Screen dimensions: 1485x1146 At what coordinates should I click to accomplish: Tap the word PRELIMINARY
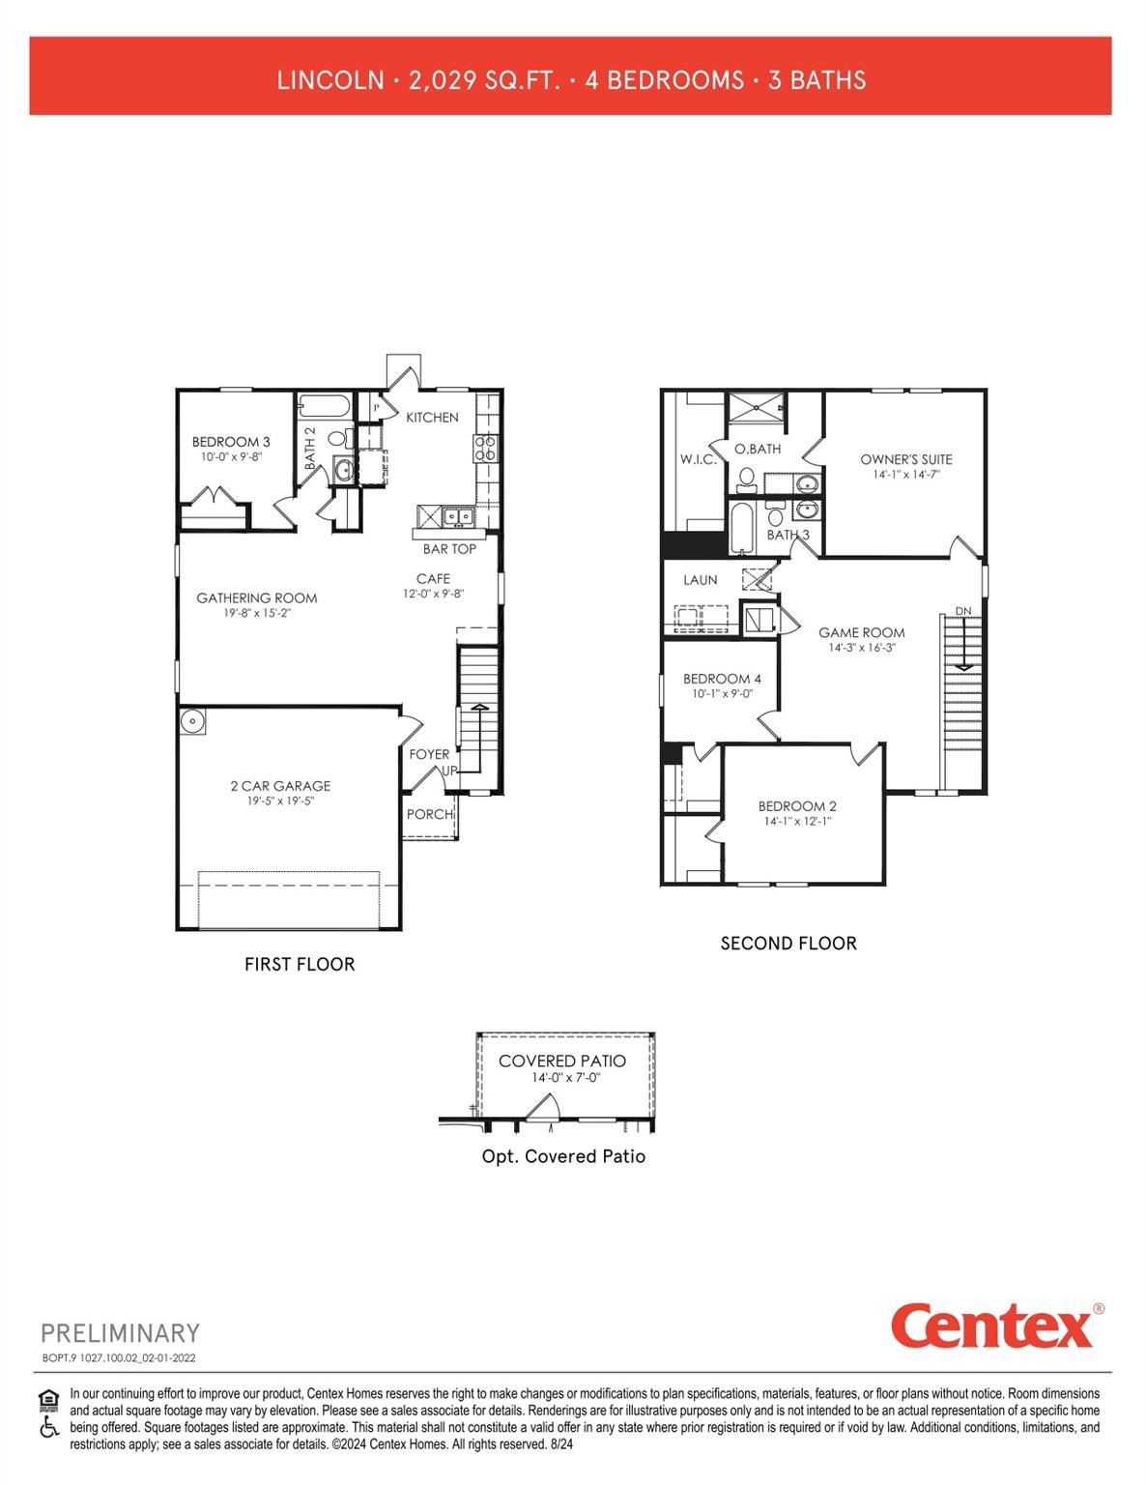tap(120, 1333)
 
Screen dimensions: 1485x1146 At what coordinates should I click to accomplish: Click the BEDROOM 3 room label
tap(231, 442)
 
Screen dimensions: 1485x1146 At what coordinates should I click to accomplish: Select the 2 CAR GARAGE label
tap(280, 786)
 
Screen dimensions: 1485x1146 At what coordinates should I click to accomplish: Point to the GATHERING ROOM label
tap(257, 597)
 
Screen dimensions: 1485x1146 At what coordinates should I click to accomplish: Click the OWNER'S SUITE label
tap(906, 459)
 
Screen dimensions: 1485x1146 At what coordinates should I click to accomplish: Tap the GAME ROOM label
tap(862, 632)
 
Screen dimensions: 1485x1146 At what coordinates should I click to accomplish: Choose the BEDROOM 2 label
tap(797, 805)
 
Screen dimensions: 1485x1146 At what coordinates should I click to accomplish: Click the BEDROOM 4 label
tap(722, 679)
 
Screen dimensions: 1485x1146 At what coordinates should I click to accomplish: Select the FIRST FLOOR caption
tap(300, 964)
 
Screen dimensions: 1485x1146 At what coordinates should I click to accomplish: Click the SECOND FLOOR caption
tap(788, 944)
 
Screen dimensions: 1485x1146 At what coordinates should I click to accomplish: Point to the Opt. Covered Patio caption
tap(563, 1156)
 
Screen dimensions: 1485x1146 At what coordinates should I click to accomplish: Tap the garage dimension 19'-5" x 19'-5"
tap(280, 801)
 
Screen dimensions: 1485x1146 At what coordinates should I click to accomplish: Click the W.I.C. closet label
tap(698, 459)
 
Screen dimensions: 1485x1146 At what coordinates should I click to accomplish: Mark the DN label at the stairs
tap(963, 611)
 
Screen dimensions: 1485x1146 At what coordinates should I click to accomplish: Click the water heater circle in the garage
tap(192, 721)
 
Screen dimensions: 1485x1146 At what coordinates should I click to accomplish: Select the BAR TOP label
tap(449, 549)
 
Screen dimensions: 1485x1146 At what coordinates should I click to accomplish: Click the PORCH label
tap(429, 814)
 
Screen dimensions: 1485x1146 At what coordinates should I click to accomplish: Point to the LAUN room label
tap(701, 580)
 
